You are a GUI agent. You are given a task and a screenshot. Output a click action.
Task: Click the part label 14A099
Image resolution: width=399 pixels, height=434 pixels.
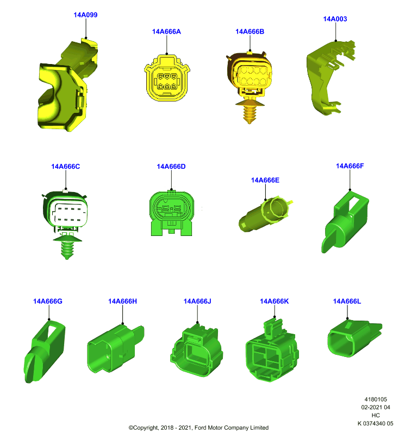click(x=85, y=15)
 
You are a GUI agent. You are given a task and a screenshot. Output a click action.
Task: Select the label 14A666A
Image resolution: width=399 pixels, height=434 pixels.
click(x=166, y=31)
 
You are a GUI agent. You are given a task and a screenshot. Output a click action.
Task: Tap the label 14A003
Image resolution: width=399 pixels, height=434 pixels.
click(x=335, y=19)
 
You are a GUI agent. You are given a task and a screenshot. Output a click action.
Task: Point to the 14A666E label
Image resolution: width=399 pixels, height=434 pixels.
click(x=265, y=180)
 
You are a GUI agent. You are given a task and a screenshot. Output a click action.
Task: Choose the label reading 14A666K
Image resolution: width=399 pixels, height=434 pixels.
click(x=274, y=301)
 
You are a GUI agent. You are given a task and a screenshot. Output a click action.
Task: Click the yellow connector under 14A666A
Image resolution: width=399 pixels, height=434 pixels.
click(x=167, y=78)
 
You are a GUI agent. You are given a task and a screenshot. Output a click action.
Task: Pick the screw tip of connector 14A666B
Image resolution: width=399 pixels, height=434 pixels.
click(x=249, y=122)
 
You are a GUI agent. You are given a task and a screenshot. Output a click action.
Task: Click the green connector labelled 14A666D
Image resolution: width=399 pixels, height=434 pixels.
click(x=171, y=213)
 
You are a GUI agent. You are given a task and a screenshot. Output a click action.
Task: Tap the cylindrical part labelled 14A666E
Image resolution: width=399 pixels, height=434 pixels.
click(x=265, y=214)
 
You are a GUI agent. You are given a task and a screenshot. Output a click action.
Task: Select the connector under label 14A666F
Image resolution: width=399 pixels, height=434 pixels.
click(x=345, y=221)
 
